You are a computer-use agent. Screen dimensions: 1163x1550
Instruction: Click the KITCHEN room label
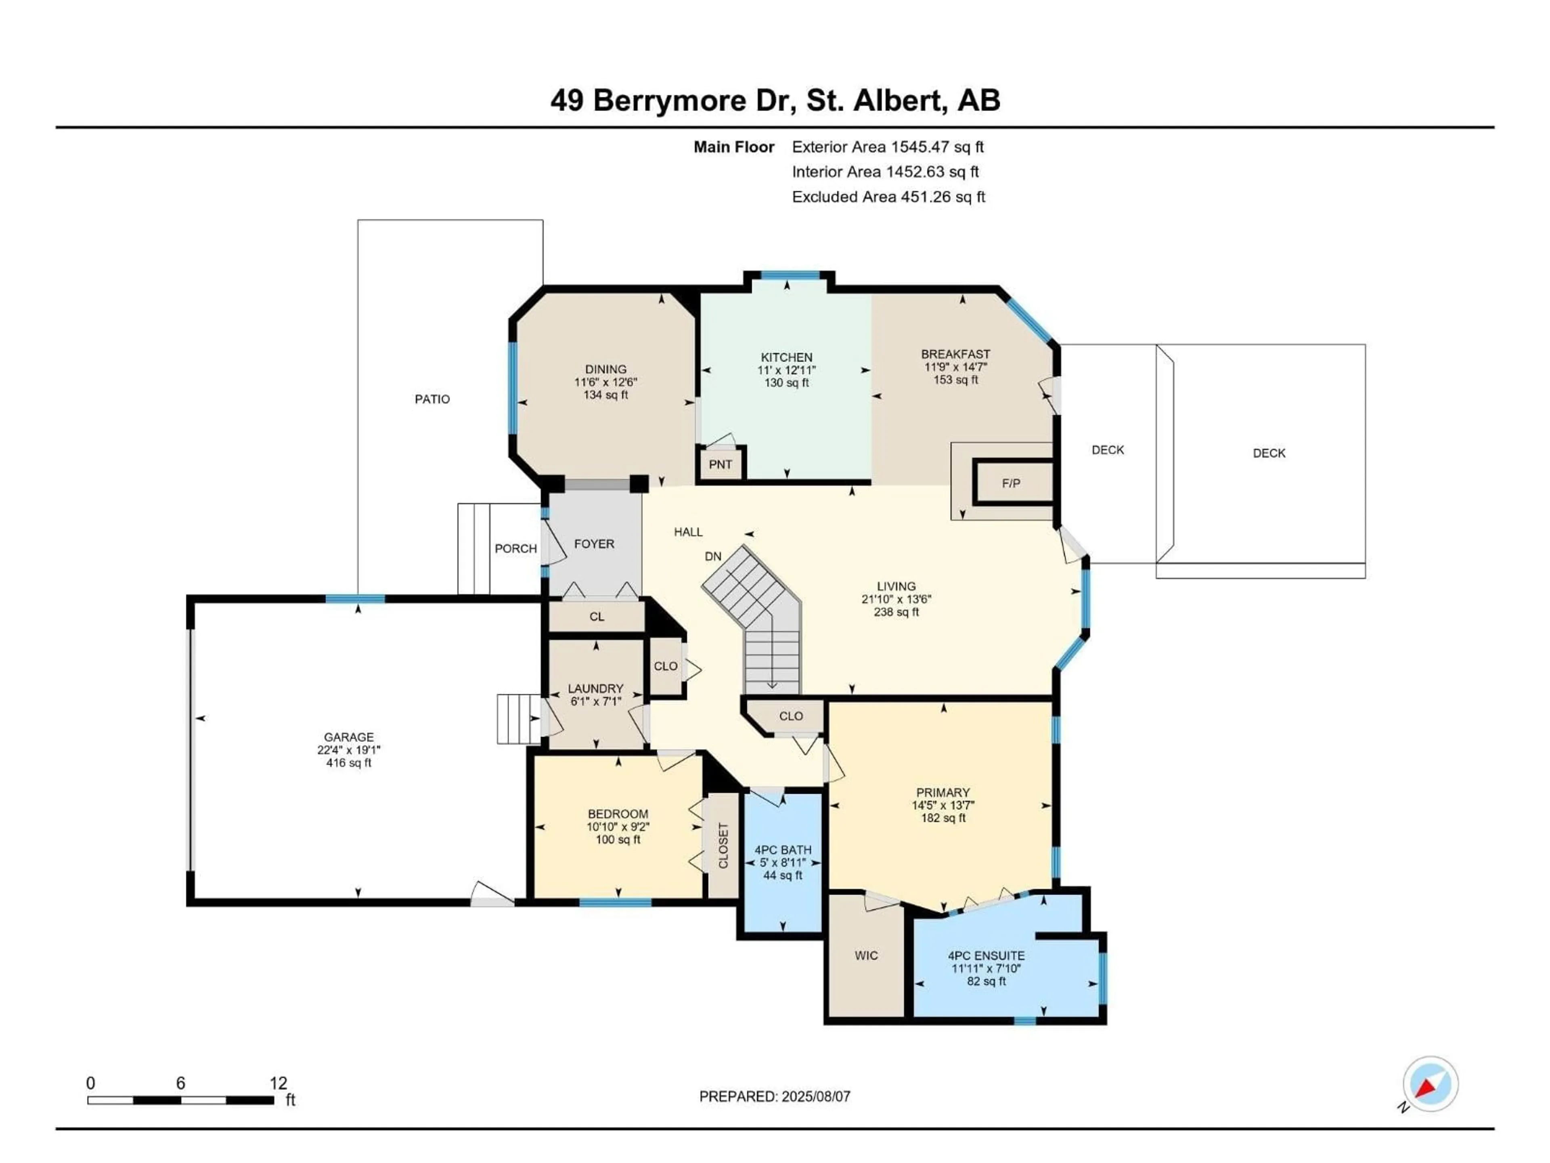[x=786, y=357]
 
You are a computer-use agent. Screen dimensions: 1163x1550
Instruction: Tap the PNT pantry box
[x=721, y=464]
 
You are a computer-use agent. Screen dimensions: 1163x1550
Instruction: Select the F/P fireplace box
[x=1011, y=483]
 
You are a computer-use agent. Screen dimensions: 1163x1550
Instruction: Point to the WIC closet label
[x=866, y=955]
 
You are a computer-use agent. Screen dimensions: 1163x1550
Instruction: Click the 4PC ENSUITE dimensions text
[x=986, y=969]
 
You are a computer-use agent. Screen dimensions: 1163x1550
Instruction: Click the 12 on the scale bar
[x=278, y=1083]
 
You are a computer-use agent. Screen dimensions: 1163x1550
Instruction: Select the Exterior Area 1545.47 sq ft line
[x=887, y=147]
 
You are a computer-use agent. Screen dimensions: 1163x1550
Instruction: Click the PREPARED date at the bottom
[x=774, y=1096]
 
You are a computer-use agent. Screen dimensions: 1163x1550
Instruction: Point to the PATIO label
[x=432, y=399]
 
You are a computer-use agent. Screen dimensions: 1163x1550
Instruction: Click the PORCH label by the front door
[x=516, y=548]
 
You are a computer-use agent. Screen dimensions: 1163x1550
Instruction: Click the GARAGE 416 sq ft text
[x=348, y=763]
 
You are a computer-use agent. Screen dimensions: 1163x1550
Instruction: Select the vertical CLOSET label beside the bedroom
[x=723, y=846]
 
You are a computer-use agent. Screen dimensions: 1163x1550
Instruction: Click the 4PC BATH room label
[x=783, y=850]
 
